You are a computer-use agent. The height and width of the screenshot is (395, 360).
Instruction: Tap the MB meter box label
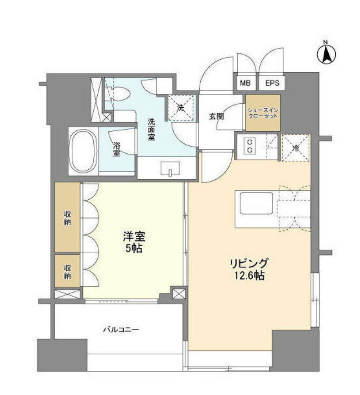[x=245, y=83]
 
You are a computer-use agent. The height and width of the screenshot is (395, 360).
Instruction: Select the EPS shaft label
[x=272, y=83]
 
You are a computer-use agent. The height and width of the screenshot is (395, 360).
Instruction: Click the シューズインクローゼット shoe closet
[x=262, y=113]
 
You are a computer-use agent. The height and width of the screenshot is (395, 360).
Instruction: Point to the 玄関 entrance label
[x=216, y=116]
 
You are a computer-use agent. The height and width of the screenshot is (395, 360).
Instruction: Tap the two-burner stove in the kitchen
[x=250, y=145]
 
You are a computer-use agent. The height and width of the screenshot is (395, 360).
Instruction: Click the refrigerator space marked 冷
[x=295, y=148]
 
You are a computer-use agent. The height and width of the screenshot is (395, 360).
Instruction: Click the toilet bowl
[x=120, y=94]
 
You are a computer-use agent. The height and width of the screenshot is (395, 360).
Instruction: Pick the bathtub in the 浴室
[x=83, y=151]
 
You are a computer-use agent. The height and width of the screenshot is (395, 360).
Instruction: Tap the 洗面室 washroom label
[x=151, y=129]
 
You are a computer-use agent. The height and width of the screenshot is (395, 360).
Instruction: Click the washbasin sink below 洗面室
[x=170, y=168]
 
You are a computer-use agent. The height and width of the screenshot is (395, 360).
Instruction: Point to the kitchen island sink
[x=256, y=203]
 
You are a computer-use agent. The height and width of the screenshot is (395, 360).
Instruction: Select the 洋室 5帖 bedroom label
[x=134, y=242]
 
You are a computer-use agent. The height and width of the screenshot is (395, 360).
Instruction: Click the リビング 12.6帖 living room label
[x=248, y=269]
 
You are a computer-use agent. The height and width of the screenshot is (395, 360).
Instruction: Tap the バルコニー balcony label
[x=121, y=329]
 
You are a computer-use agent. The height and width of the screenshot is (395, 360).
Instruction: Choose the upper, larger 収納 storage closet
[x=67, y=217]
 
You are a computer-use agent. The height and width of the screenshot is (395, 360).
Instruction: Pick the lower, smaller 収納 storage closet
[x=67, y=271]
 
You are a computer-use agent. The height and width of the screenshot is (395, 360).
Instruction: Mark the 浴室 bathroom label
[x=117, y=149]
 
